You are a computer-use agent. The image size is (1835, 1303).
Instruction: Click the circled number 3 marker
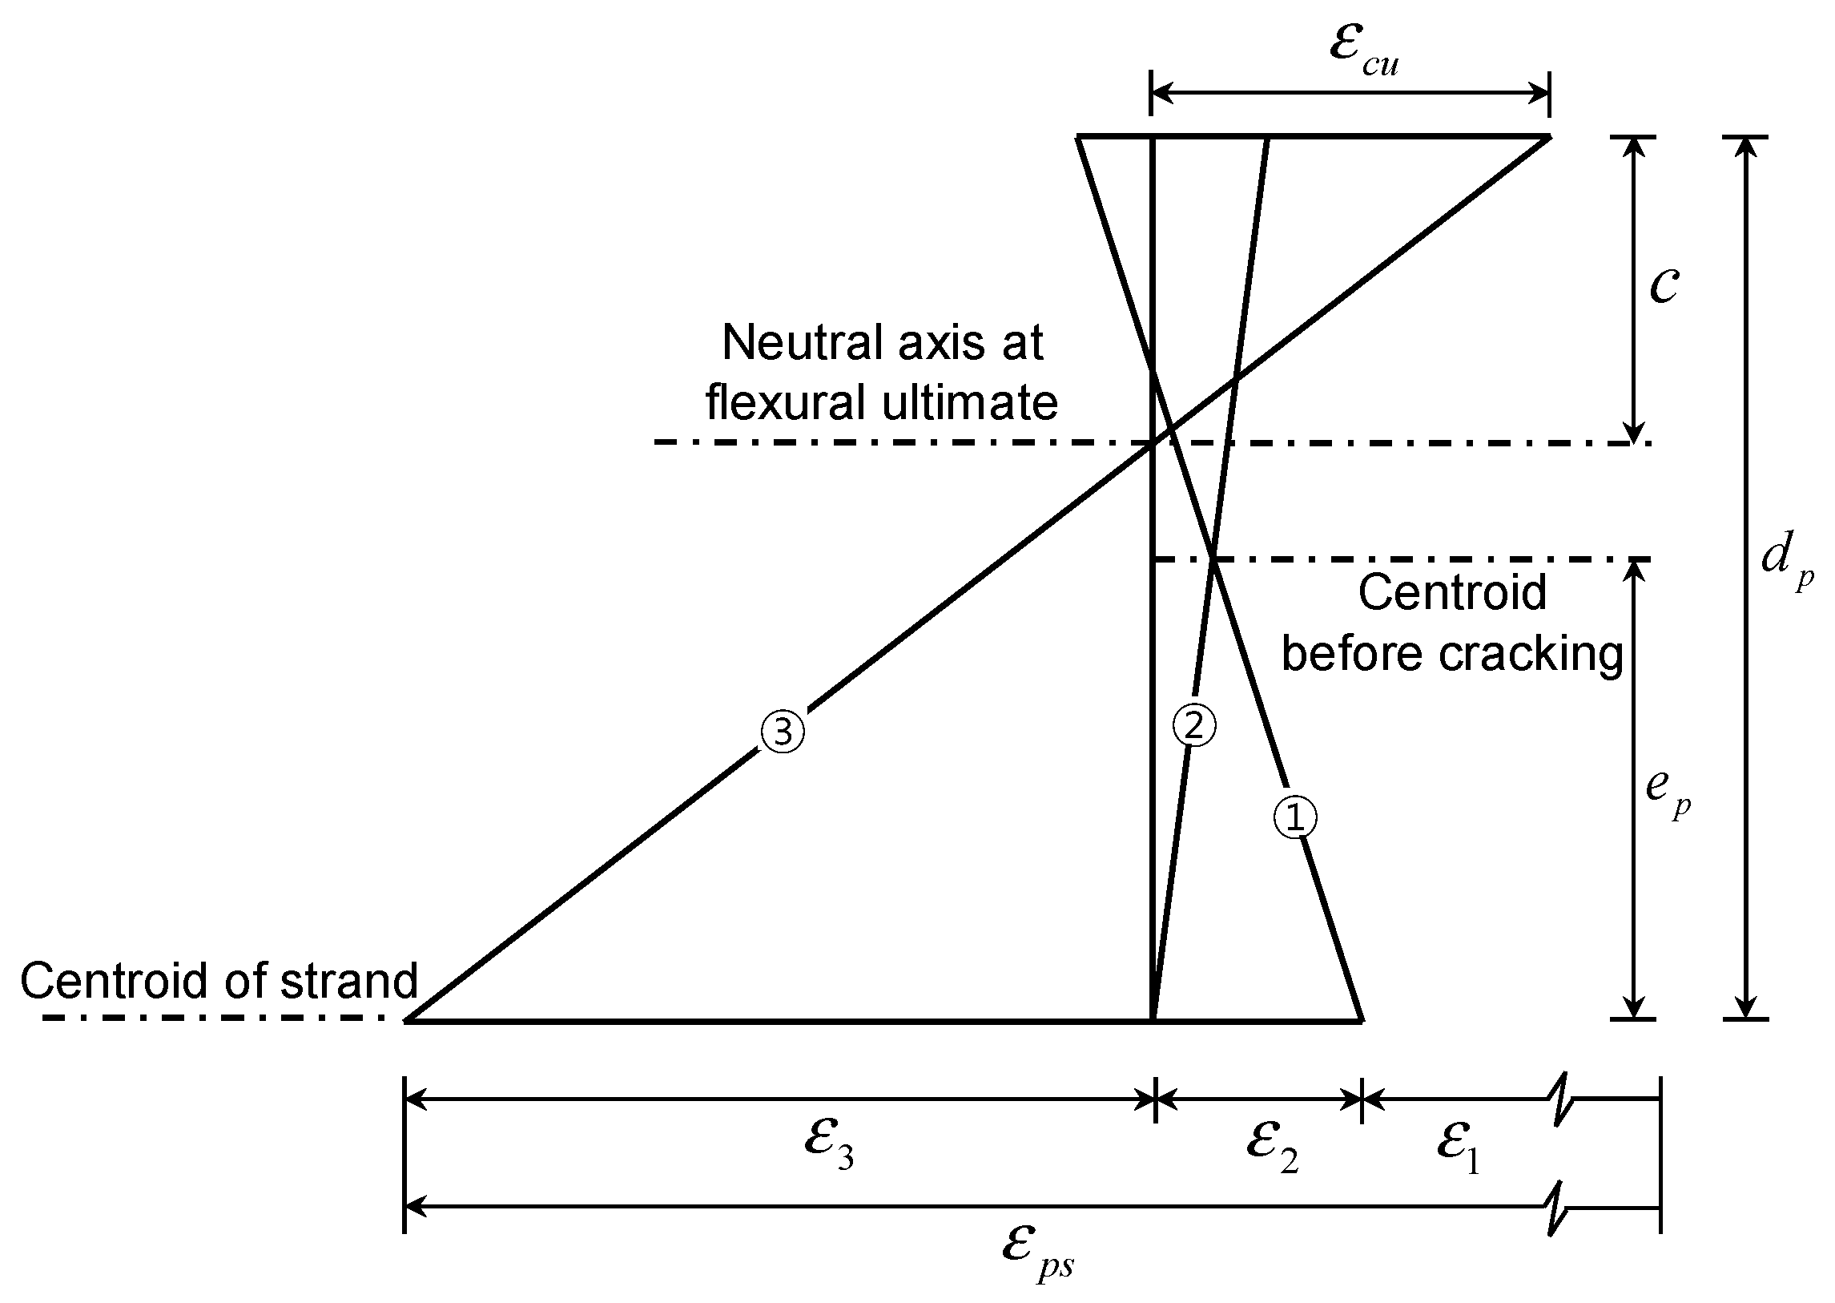(x=782, y=732)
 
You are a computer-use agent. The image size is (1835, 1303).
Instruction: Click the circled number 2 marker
(x=1194, y=726)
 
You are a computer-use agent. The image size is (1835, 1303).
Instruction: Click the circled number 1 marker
(x=1295, y=817)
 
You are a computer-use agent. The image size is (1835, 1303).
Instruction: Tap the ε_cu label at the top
(x=1363, y=52)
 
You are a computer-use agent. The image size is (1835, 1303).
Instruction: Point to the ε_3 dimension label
(x=828, y=1146)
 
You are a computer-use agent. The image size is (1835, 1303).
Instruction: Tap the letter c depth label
(x=1664, y=284)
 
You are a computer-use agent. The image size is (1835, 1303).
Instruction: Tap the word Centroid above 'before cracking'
(x=1452, y=593)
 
